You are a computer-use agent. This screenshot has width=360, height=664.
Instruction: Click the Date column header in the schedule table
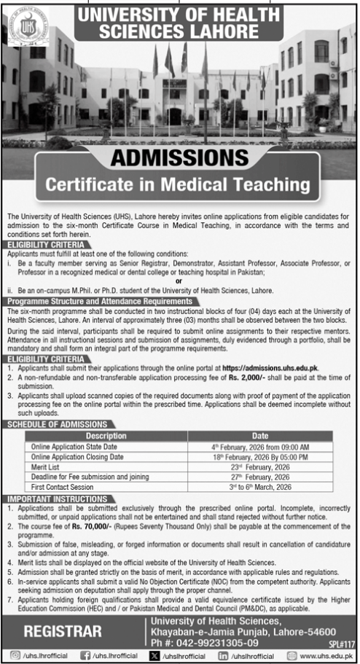(x=260, y=434)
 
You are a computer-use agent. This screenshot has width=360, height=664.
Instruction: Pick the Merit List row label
(x=45, y=466)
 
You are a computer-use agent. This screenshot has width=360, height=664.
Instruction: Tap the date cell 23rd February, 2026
(x=260, y=466)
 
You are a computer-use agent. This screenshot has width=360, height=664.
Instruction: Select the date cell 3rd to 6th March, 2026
(x=260, y=486)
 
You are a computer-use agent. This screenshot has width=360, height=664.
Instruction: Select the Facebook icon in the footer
(x=87, y=655)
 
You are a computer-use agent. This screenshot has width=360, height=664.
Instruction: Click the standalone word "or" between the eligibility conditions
(x=179, y=279)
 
